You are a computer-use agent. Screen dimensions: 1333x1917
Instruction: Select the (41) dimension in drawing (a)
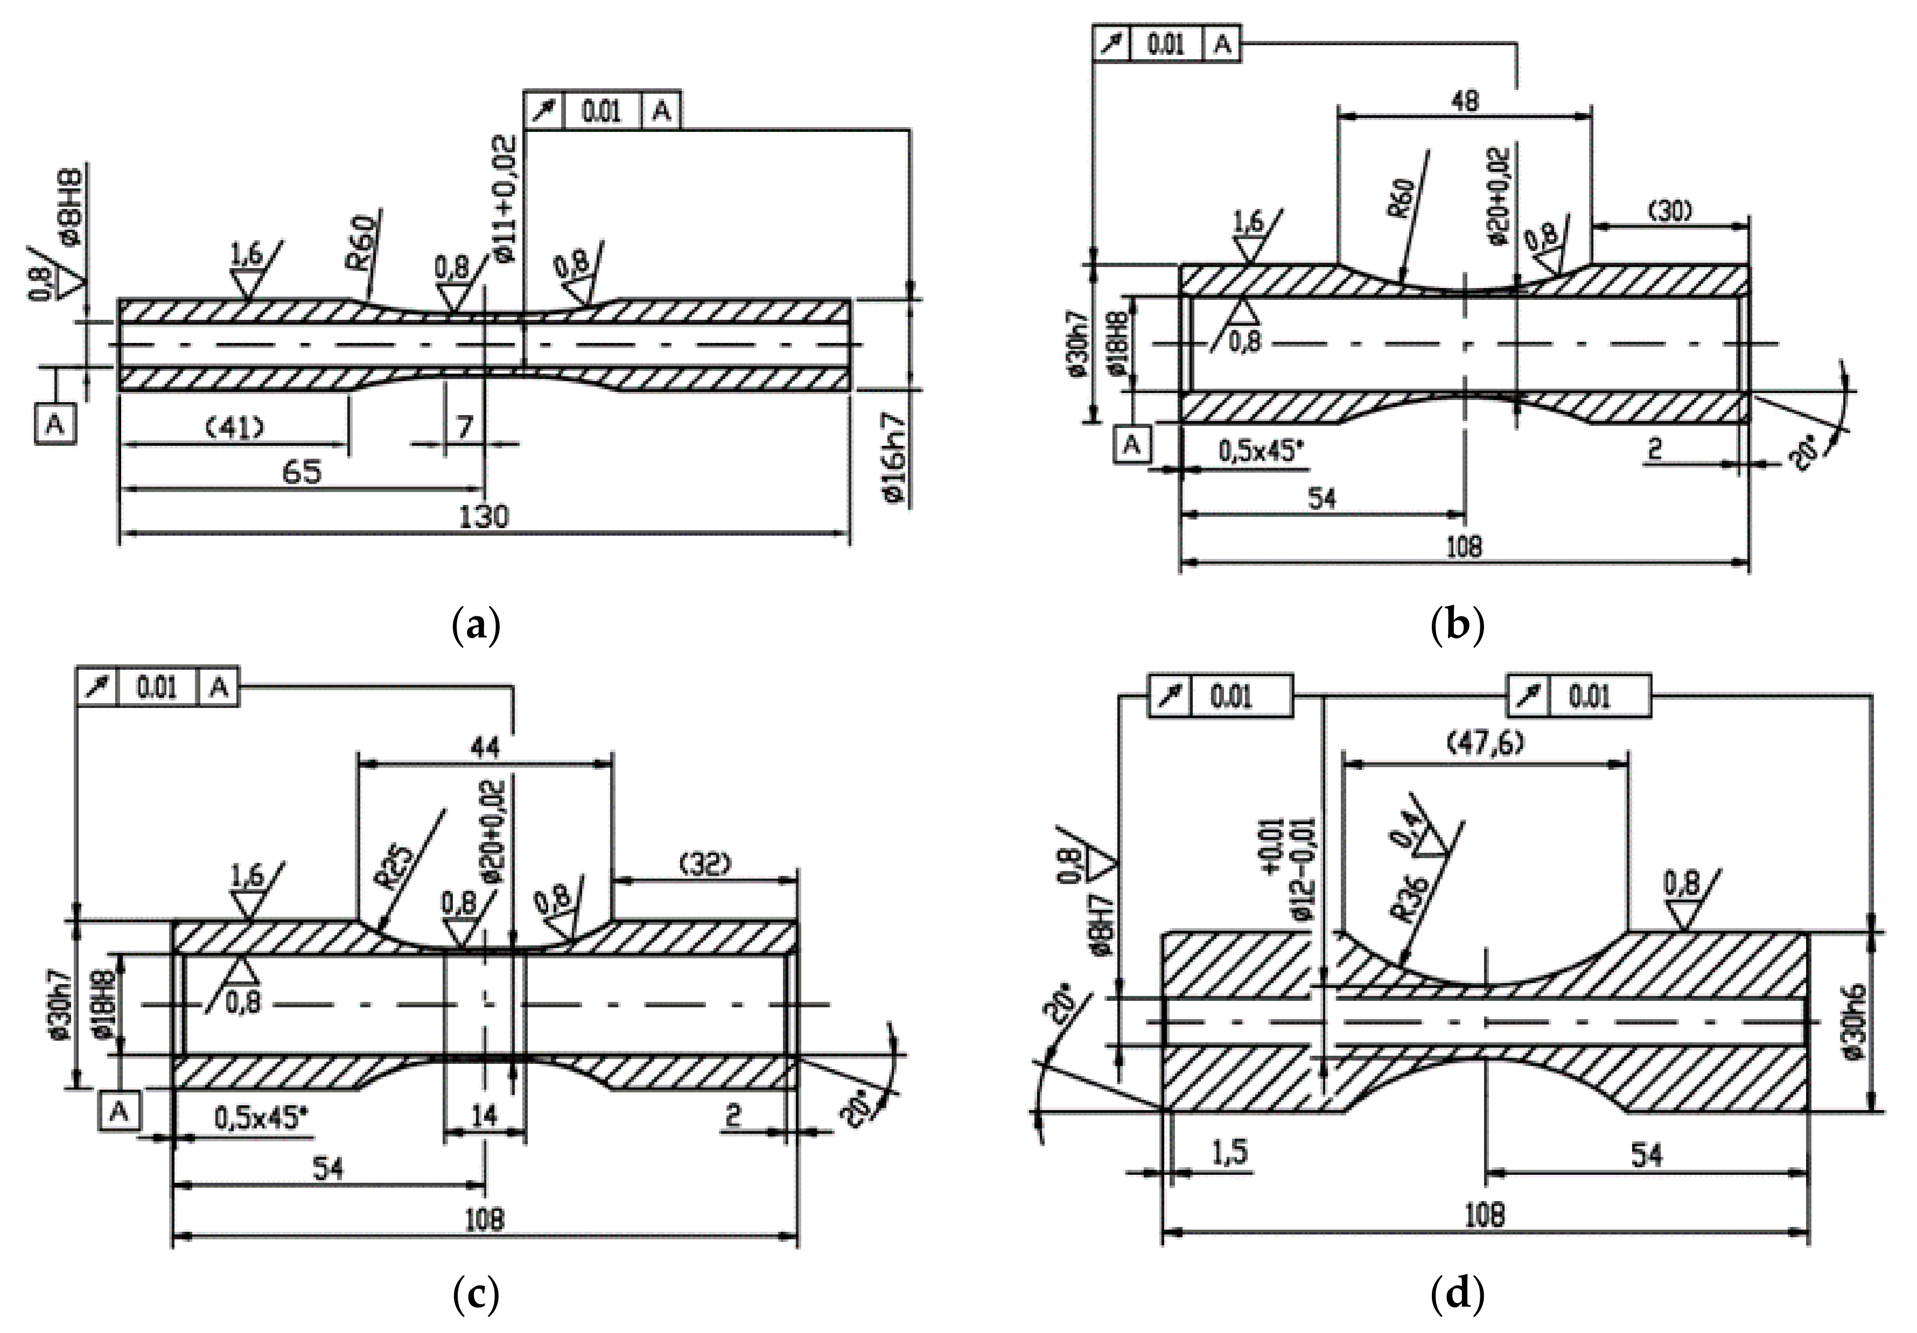pos(235,428)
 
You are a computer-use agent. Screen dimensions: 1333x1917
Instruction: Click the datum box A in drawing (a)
pos(55,424)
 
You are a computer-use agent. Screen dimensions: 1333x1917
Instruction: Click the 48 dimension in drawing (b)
pos(1465,101)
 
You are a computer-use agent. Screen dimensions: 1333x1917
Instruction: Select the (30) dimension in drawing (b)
pos(1670,212)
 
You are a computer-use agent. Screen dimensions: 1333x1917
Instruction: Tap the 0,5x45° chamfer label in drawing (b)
pos(1261,452)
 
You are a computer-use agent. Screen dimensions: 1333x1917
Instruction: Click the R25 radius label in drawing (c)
pos(399,872)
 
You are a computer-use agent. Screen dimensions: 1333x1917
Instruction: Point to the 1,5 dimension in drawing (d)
pos(1230,1152)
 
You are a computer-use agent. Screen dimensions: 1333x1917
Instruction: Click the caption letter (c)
pos(476,1296)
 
